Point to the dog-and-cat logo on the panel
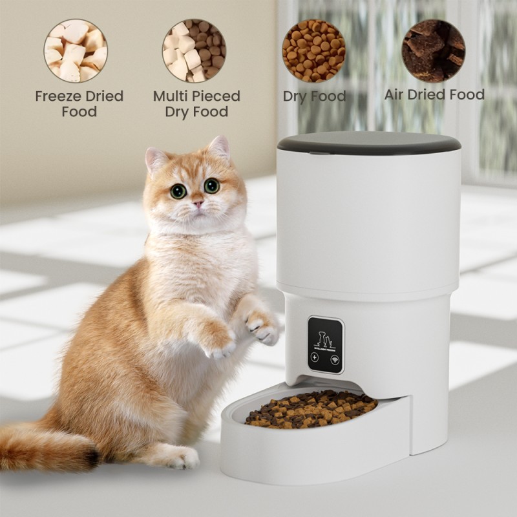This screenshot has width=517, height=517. tap(325, 339)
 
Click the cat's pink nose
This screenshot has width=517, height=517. tap(198, 204)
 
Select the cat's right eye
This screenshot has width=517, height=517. tap(211, 186)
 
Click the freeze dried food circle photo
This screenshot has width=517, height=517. tap(76, 51)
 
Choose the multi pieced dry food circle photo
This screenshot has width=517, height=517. tap(194, 51)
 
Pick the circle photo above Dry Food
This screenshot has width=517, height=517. tap(313, 51)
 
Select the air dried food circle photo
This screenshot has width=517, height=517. tap(434, 51)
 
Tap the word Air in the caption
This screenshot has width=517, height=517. tap(396, 95)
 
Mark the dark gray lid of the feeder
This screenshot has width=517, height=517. tap(368, 142)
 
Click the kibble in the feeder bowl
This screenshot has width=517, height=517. tap(311, 408)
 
